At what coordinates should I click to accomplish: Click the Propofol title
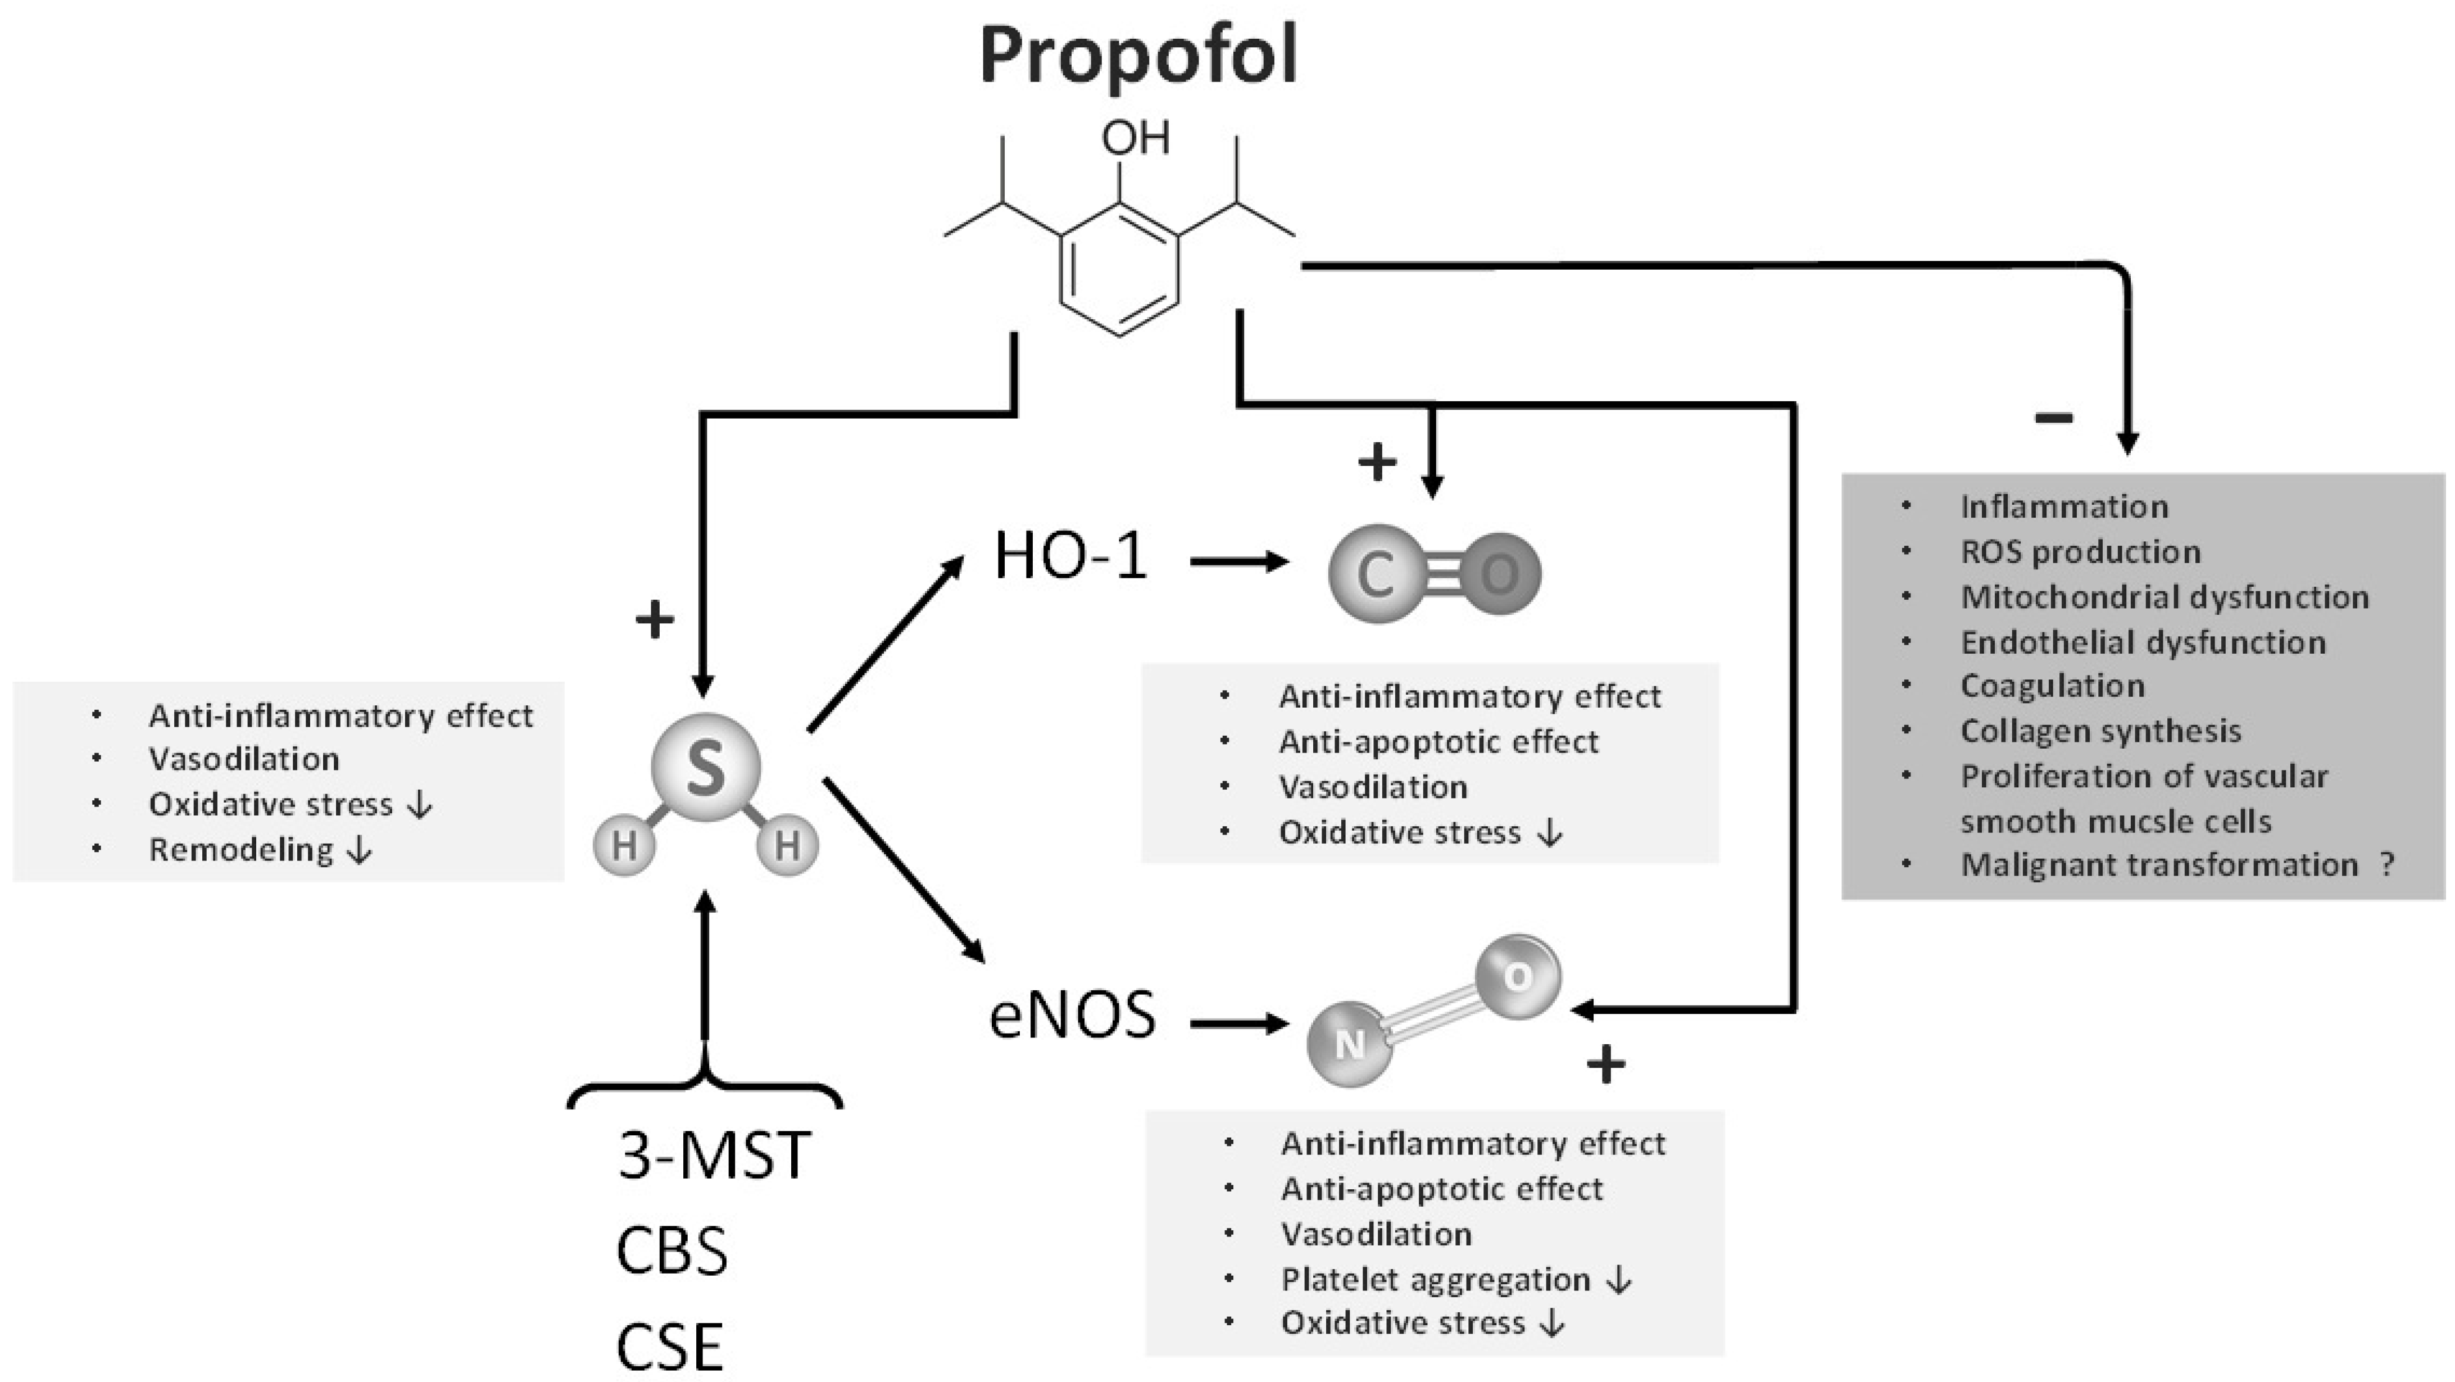point(1139,55)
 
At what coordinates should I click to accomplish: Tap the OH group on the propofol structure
point(1135,138)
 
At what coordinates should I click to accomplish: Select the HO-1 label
point(1070,556)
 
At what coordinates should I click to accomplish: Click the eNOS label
point(1072,1015)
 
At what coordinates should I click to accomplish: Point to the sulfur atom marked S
point(705,768)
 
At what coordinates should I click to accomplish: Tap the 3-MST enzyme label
point(714,1155)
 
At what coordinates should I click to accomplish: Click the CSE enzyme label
point(670,1347)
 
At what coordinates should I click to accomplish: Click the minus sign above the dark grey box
point(2054,416)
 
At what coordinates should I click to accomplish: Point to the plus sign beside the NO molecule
point(1606,1064)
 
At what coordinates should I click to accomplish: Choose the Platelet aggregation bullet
point(1435,1279)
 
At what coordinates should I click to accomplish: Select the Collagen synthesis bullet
point(2100,731)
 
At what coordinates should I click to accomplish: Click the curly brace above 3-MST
point(705,1086)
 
